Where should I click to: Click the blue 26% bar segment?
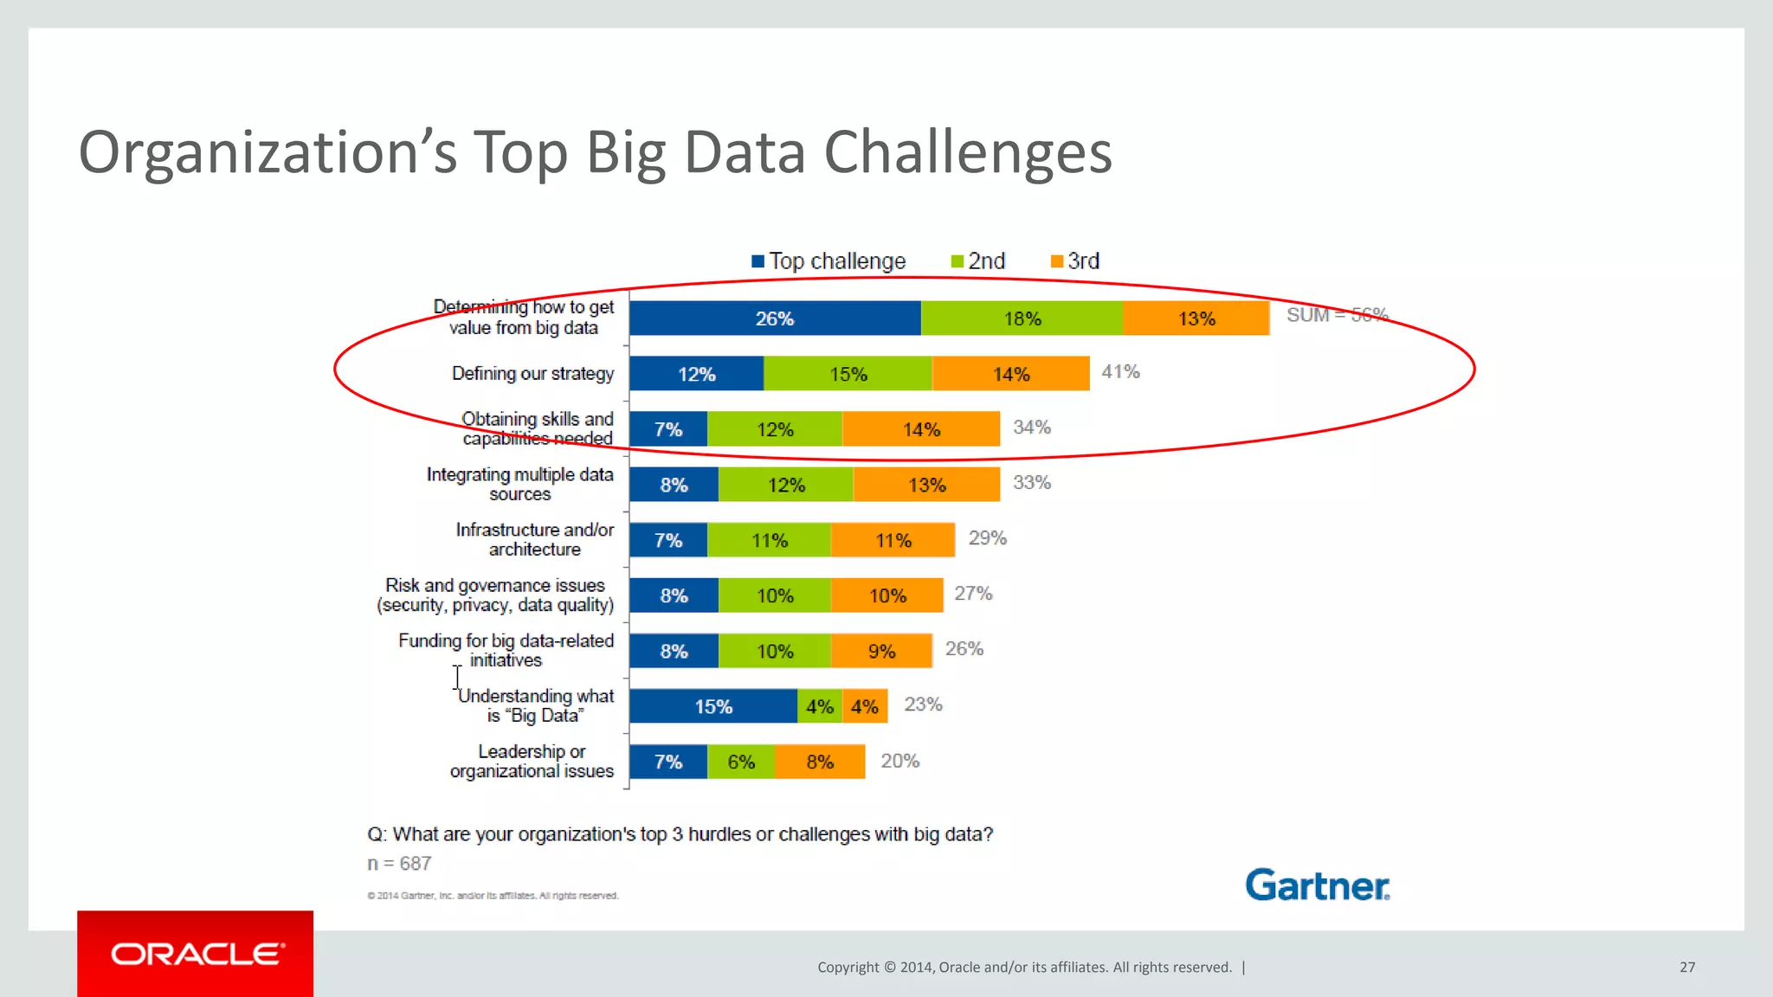coord(775,318)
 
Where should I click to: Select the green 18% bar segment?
coord(1022,318)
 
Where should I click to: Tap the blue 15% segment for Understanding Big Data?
coord(713,706)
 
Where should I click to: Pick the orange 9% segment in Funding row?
coord(881,651)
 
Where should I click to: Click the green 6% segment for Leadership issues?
coord(741,762)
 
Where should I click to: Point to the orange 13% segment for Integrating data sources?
coord(926,485)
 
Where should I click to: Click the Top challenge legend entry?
coord(828,261)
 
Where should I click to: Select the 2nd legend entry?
coord(978,261)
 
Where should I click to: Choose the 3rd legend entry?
coord(1075,261)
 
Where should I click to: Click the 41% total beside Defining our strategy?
coord(1120,372)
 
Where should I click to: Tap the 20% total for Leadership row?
coord(899,761)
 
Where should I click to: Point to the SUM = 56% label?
coord(1337,315)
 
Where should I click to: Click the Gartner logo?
coord(1317,885)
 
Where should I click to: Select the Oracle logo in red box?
coord(196,954)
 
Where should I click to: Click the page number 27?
coord(1686,967)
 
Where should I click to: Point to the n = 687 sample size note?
coord(399,864)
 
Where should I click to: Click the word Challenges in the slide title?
coord(967,152)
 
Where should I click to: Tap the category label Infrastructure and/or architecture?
coord(534,539)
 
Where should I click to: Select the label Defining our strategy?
coord(532,373)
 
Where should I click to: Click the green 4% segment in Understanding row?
coord(819,706)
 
